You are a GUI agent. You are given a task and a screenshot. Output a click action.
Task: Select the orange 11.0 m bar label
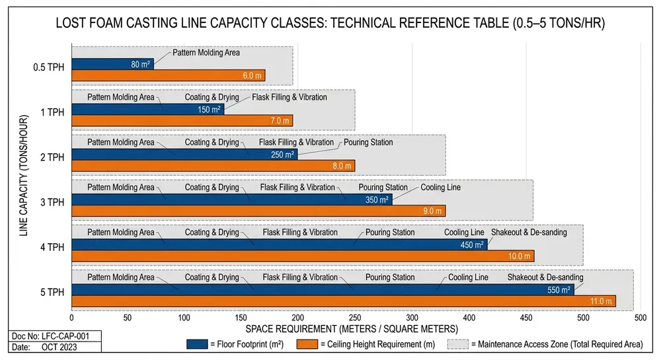(601, 301)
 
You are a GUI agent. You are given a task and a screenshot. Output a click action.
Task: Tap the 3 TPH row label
(52, 202)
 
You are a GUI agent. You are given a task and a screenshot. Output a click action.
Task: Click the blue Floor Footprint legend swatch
(198, 343)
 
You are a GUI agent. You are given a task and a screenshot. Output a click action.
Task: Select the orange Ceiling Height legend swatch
(308, 343)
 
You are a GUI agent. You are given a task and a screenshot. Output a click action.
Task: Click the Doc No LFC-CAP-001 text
(52, 336)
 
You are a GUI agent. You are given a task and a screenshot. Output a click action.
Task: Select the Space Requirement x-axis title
(352, 328)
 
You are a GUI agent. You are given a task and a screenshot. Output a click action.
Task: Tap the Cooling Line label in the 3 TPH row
(440, 188)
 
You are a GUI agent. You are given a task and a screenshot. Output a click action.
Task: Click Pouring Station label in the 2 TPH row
(368, 143)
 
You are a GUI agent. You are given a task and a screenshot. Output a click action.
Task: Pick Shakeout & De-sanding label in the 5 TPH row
(545, 277)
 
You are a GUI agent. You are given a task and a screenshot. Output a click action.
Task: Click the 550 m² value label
(559, 289)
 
